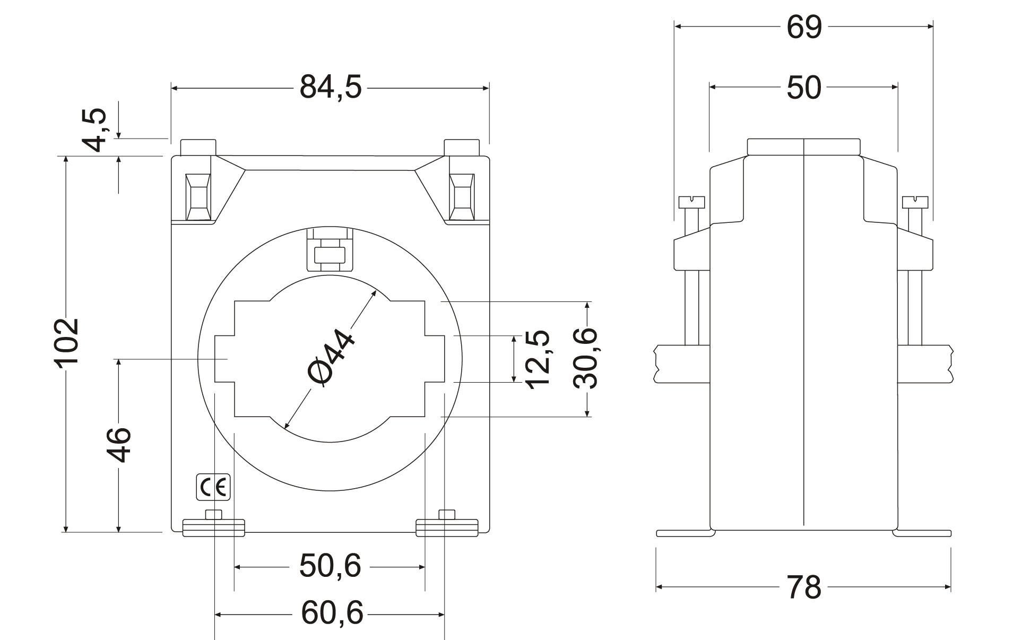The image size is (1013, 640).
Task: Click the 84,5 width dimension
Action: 331,87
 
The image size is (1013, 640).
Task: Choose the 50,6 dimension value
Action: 330,566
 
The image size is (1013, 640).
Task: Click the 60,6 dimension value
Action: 332,613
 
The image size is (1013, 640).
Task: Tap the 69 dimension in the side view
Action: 804,27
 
